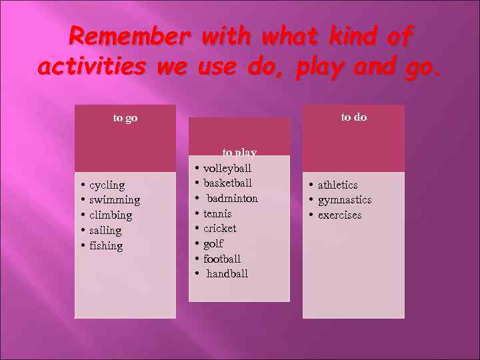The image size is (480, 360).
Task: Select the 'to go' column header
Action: point(125,118)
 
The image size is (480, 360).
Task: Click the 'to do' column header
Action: point(354,117)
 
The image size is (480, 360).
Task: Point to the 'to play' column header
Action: point(239,153)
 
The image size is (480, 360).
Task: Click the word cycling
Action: point(107,185)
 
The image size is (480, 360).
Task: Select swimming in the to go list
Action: point(115,200)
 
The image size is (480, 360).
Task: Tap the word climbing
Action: point(111,215)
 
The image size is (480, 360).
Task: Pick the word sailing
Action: point(105,231)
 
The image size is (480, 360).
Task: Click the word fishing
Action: point(106,246)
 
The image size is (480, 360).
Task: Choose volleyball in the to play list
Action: point(227,168)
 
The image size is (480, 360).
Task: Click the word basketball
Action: point(227,183)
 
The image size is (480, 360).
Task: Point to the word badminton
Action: point(232,198)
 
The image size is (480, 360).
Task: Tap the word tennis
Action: point(217,213)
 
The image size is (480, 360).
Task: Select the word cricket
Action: point(219,228)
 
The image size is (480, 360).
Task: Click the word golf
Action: point(213,243)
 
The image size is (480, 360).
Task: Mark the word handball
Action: point(227,273)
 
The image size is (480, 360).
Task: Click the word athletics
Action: point(337,185)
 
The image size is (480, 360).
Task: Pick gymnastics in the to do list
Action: point(345,200)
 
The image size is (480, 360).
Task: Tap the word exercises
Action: point(339,215)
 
